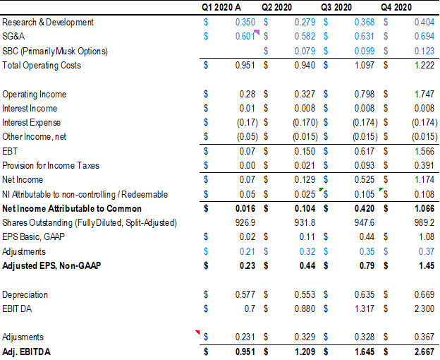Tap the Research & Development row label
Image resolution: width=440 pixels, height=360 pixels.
48,23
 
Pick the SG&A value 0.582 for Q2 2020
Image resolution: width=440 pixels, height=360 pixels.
305,37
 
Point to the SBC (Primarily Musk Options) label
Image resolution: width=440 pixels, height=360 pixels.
55,51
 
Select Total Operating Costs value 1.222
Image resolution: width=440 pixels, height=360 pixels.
424,66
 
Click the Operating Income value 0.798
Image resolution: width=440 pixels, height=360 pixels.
364,94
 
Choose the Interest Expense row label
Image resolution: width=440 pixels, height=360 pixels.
32,123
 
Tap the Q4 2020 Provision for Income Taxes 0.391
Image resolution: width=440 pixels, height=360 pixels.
424,166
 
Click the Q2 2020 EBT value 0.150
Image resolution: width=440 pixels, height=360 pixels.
305,152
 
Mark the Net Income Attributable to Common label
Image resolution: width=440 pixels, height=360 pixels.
72,209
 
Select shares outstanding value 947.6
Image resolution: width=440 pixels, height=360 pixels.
365,223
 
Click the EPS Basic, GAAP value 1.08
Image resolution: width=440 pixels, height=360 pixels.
425,237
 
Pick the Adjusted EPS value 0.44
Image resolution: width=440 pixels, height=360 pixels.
307,266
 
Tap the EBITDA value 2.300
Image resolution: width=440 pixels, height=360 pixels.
424,308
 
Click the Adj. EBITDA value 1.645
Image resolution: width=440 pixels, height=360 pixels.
364,352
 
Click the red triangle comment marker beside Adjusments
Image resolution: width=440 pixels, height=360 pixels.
198,332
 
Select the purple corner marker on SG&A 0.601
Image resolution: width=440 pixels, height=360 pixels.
257,32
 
